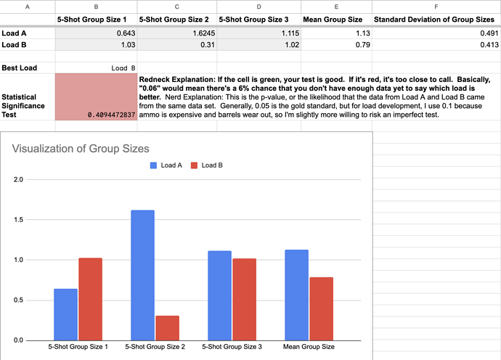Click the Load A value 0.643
click(x=126, y=33)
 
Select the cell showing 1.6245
click(x=204, y=33)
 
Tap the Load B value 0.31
click(x=208, y=45)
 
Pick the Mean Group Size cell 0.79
click(x=362, y=45)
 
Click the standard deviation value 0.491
click(x=489, y=33)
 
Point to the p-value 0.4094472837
click(x=112, y=115)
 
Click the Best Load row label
click(x=19, y=67)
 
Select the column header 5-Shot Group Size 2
click(x=174, y=20)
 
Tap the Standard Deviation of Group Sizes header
click(x=434, y=20)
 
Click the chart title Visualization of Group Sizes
click(x=81, y=149)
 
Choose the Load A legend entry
click(x=166, y=165)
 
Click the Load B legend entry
click(x=206, y=165)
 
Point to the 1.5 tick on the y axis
click(x=19, y=219)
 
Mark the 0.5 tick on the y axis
click(x=19, y=300)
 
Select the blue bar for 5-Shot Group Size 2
click(x=142, y=275)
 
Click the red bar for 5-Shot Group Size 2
click(x=168, y=328)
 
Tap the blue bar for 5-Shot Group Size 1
click(x=65, y=315)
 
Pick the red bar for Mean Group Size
click(x=321, y=309)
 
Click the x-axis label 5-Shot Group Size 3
click(x=232, y=347)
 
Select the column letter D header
click(x=258, y=7)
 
